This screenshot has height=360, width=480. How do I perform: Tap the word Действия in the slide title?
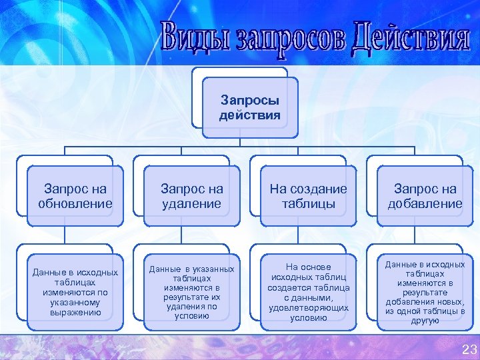(x=409, y=38)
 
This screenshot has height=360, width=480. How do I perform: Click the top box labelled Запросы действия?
(x=250, y=107)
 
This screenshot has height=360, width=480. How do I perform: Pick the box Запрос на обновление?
(x=75, y=197)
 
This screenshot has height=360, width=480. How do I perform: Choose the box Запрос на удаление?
(x=191, y=197)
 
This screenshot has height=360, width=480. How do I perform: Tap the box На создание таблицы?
(x=308, y=197)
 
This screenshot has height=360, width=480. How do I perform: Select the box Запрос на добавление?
(x=425, y=197)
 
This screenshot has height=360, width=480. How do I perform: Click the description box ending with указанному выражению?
(x=75, y=292)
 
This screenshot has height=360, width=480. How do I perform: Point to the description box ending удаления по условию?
(x=191, y=292)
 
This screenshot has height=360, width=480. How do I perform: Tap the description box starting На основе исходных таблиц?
(x=308, y=292)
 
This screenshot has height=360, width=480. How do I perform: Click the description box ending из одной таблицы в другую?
(x=425, y=292)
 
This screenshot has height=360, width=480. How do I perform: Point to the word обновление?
(x=75, y=204)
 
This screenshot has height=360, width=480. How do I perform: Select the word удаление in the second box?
(x=191, y=204)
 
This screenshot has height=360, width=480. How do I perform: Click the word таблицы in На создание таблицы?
(x=308, y=204)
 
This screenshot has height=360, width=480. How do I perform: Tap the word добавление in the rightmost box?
(x=425, y=204)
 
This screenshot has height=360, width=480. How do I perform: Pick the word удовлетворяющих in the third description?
(x=308, y=308)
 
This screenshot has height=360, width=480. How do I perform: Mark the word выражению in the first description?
(x=75, y=312)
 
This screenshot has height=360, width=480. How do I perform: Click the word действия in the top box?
(x=250, y=115)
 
